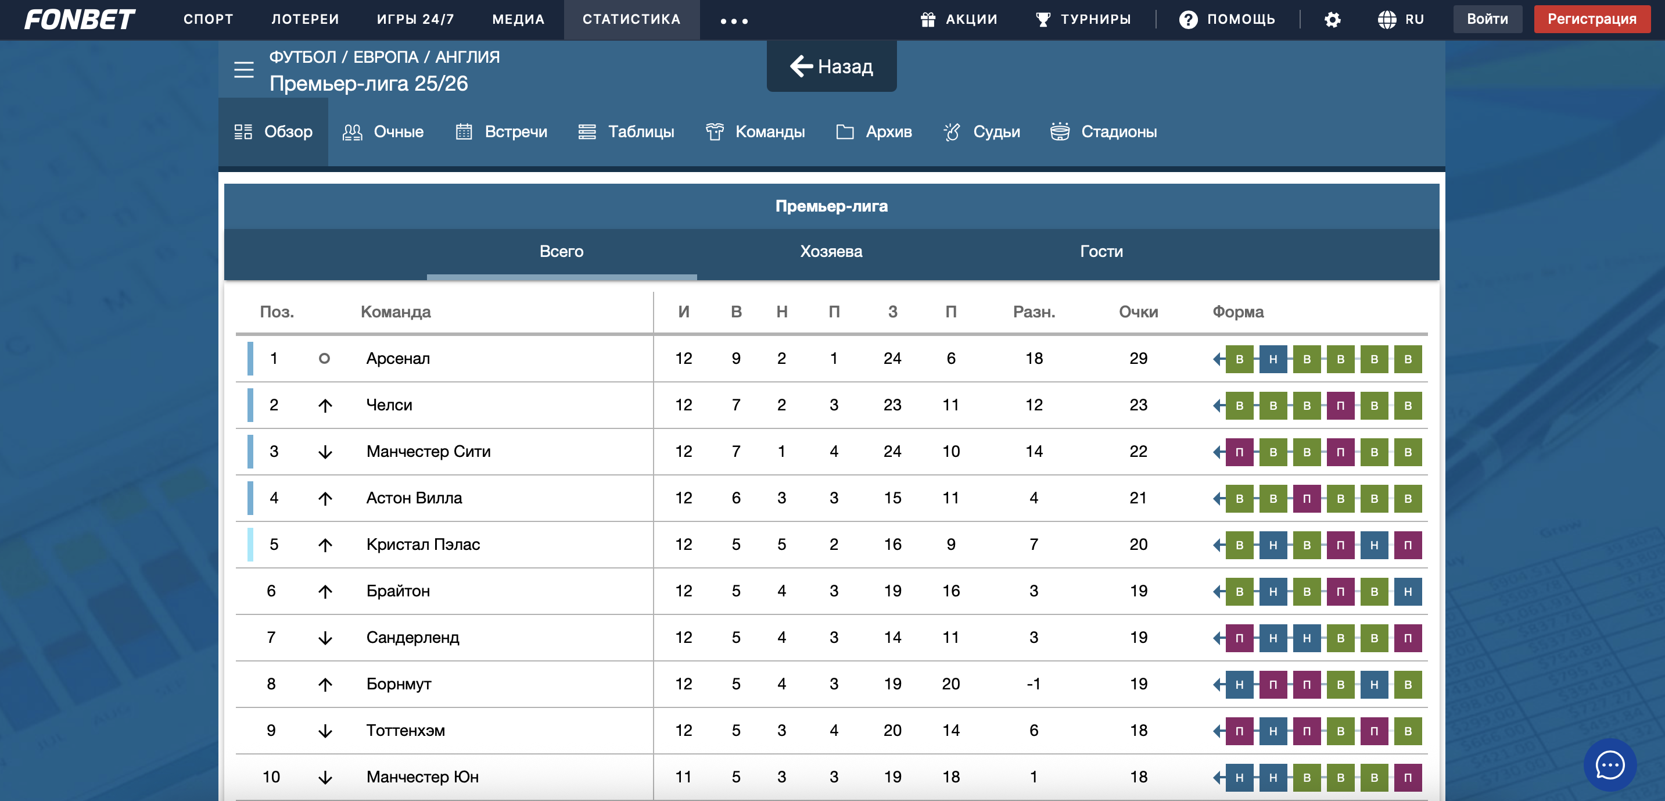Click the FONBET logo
pos(80,19)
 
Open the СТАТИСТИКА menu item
pos(631,19)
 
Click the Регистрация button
pos(1591,19)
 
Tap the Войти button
pos(1487,19)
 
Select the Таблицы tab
pos(626,132)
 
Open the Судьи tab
pos(982,132)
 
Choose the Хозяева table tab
pos(831,252)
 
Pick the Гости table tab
pos(1101,252)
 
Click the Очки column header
pos(1137,312)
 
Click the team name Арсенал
pos(397,358)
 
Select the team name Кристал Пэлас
pos(423,544)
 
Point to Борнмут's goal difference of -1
pos(1034,684)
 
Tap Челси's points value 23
pos(1137,405)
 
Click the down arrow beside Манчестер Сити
pos(325,452)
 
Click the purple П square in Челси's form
pos(1340,406)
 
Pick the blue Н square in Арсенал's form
pos(1273,359)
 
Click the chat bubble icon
pos(1609,765)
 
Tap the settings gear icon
pos(1332,20)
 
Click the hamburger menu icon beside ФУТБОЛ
pos(243,69)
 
